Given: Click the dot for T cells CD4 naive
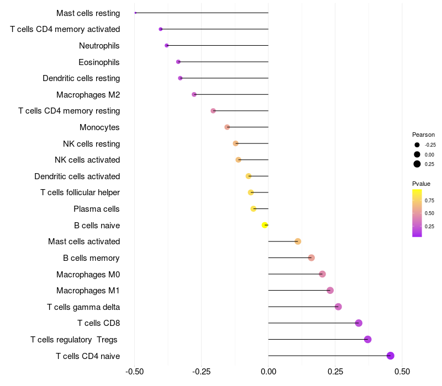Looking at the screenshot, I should click(x=391, y=356).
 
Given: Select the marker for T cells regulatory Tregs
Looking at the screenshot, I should click(x=368, y=339).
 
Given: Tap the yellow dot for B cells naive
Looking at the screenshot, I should click(x=265, y=225).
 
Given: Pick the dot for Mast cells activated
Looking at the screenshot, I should click(x=298, y=242).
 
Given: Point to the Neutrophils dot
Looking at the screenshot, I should click(x=167, y=45).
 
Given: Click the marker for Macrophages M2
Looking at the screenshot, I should click(x=194, y=94).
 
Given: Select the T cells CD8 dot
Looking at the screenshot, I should click(x=359, y=323).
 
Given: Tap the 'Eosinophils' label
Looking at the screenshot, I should click(x=99, y=62).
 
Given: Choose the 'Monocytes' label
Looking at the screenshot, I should click(x=99, y=127).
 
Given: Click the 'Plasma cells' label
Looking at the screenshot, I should click(x=97, y=209).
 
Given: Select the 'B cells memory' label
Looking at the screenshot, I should click(x=91, y=258).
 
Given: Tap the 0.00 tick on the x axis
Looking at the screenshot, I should click(x=269, y=372).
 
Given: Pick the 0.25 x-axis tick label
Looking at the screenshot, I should click(x=335, y=372).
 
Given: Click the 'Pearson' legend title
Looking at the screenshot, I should click(x=423, y=135).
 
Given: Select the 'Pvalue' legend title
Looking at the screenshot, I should click(x=421, y=184).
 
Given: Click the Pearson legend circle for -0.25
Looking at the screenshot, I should click(x=417, y=145).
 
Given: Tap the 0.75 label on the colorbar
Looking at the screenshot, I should click(x=429, y=200).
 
